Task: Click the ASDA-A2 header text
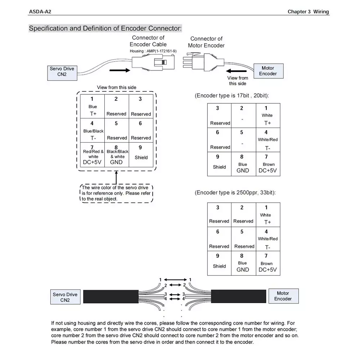40,12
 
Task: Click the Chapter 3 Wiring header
308,12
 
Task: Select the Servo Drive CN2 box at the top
62,73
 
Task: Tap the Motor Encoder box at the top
269,71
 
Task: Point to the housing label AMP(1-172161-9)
153,51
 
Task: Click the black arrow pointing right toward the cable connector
120,70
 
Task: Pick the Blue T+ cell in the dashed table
92,106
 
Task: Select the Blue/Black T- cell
92,130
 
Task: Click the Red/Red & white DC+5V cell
92,155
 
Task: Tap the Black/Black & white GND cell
117,155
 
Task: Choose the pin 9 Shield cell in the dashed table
141,155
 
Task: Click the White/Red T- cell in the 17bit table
268,140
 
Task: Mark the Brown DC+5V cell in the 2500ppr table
268,263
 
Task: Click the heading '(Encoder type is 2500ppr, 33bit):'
235,192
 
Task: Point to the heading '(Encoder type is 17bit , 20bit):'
231,95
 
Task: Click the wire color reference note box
116,193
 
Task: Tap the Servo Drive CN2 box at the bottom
66,297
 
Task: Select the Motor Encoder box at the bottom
284,296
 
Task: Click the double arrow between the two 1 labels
175,280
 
